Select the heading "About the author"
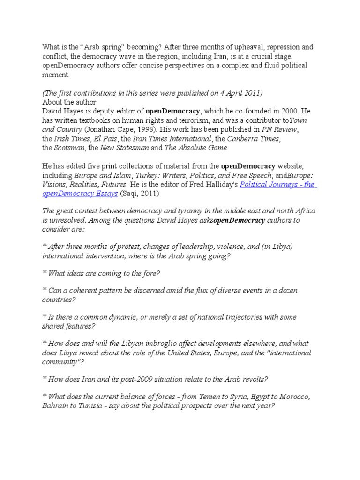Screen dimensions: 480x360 point(69,102)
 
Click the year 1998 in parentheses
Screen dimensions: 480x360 point(162,129)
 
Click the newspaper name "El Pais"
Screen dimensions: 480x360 point(106,138)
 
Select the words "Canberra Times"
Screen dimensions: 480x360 point(251,138)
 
